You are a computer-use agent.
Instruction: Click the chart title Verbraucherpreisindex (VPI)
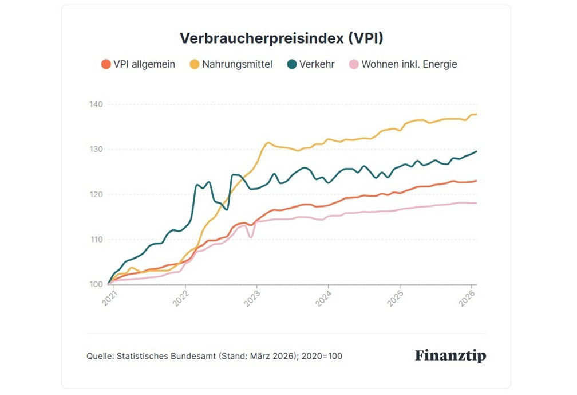tap(281, 38)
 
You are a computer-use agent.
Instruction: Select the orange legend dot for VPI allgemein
tap(105, 64)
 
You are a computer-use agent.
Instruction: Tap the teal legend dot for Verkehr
tap(291, 64)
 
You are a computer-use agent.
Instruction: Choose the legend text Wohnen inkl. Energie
tap(409, 64)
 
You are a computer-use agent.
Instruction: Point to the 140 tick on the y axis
tap(96, 104)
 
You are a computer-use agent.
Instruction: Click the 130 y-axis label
tap(96, 149)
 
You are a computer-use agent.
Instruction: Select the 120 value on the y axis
tap(96, 194)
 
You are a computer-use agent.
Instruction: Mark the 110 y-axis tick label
tap(96, 239)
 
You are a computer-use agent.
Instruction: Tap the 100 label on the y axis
tap(96, 284)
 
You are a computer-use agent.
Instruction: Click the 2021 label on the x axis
tap(109, 298)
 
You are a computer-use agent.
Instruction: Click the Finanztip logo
tap(450, 356)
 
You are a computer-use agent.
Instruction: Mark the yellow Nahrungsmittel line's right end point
tap(476, 115)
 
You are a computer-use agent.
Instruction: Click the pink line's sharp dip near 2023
tap(251, 237)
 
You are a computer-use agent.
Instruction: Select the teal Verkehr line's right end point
tap(476, 151)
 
